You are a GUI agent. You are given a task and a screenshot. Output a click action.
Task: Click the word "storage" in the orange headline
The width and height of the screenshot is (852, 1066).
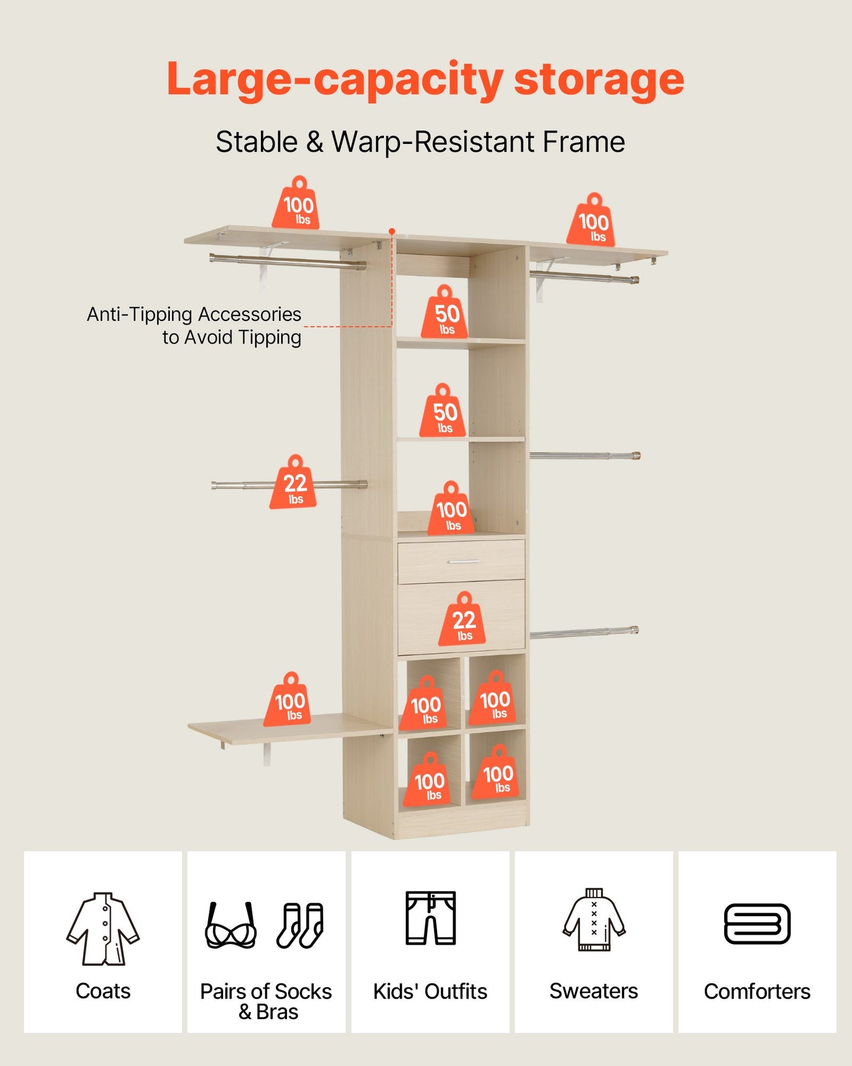pyautogui.click(x=599, y=80)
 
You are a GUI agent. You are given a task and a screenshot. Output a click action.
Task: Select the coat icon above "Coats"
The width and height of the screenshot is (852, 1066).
pyautogui.click(x=103, y=928)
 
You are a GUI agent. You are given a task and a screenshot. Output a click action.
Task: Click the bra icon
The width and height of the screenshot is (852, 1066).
pyautogui.click(x=231, y=925)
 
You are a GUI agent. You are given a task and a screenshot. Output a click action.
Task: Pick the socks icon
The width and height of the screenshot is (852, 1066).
pyautogui.click(x=301, y=925)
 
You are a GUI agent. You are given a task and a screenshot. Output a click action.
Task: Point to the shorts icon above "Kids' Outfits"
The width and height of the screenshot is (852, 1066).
pyautogui.click(x=431, y=917)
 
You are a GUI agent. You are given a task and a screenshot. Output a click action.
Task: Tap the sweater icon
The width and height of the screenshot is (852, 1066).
pyautogui.click(x=594, y=920)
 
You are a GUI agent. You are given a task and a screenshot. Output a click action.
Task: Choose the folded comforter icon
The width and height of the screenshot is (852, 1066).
pyautogui.click(x=757, y=924)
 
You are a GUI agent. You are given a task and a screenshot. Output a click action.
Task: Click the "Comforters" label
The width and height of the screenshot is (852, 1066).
pyautogui.click(x=757, y=991)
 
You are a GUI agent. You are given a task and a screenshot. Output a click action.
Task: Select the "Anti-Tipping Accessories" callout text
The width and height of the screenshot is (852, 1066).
pyautogui.click(x=194, y=314)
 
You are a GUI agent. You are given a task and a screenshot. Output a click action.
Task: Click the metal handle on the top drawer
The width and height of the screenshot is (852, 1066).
pyautogui.click(x=463, y=561)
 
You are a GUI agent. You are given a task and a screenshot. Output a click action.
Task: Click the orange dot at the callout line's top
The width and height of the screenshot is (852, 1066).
pyautogui.click(x=392, y=231)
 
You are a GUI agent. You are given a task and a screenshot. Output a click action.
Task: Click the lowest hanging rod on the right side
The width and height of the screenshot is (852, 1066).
pyautogui.click(x=585, y=632)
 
